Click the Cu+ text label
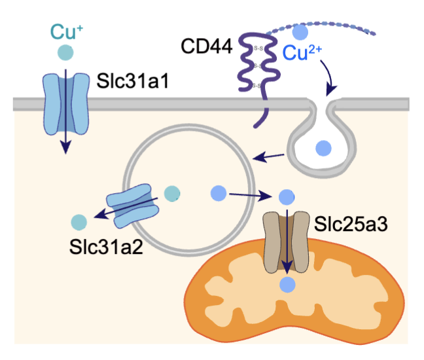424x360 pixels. click(x=64, y=31)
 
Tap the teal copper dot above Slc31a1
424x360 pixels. click(x=65, y=52)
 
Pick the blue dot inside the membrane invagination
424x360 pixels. click(x=323, y=149)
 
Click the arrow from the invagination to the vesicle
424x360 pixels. click(x=268, y=157)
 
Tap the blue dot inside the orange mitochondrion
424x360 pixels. click(x=286, y=285)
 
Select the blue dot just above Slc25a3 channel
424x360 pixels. click(x=285, y=196)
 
